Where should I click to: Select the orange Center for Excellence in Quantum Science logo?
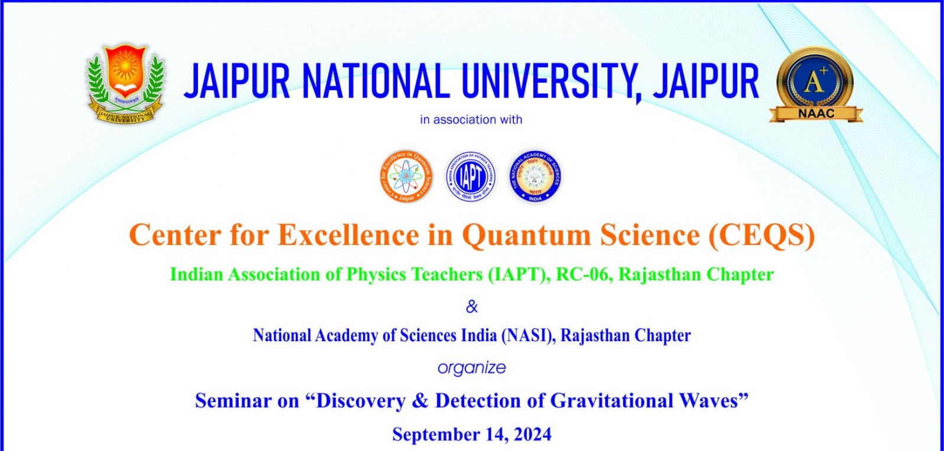[406, 176]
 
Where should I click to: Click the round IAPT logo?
[471, 176]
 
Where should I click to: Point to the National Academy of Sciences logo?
[535, 176]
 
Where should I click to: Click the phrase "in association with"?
[471, 120]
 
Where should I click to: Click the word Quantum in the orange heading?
[526, 235]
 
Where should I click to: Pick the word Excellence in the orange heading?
[349, 235]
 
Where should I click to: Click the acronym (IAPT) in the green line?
[517, 274]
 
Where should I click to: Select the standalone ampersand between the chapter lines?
[471, 306]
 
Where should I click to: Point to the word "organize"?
[471, 368]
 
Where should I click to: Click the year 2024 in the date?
[532, 434]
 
